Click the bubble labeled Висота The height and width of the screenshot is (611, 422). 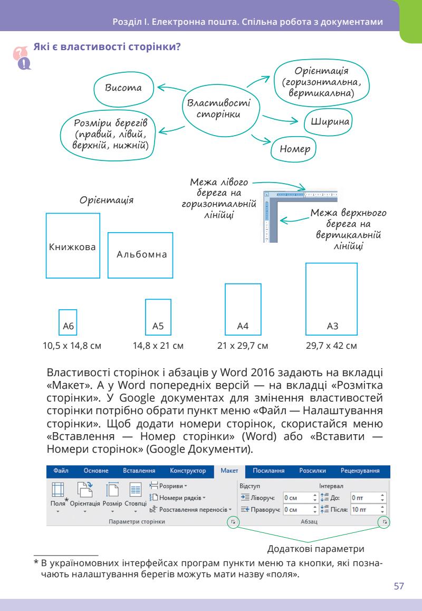click(x=124, y=88)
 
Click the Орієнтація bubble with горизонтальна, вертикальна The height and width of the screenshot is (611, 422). click(x=321, y=82)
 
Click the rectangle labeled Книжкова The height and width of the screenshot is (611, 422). click(x=73, y=246)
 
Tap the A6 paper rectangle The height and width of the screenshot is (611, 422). click(x=68, y=322)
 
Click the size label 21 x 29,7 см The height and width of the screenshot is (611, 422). click(x=243, y=347)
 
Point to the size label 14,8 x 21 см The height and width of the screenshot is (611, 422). click(x=158, y=347)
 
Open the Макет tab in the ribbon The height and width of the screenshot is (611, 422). click(x=229, y=471)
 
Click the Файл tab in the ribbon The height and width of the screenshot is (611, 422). click(x=61, y=471)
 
